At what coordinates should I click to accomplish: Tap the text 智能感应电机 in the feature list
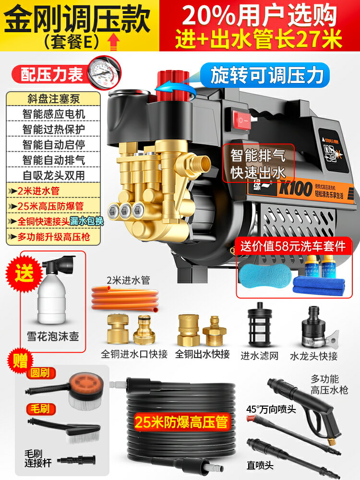tap(54, 114)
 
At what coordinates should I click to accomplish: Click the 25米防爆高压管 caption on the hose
tap(182, 421)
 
